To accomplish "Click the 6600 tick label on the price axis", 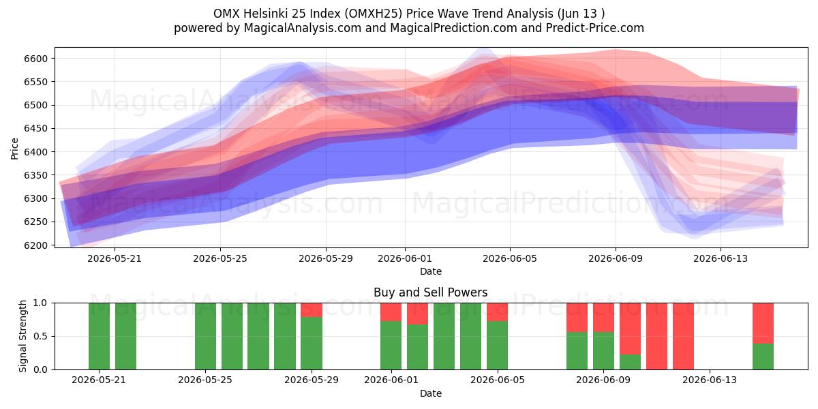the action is pyautogui.click(x=35, y=59).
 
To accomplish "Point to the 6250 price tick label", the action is pyautogui.click(x=35, y=222).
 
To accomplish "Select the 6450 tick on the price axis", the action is pyautogui.click(x=35, y=129).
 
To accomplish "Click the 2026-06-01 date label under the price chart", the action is pyautogui.click(x=405, y=258).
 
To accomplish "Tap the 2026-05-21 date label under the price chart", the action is pyautogui.click(x=115, y=258).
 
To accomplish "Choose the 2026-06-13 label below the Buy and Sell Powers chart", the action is pyautogui.click(x=710, y=380).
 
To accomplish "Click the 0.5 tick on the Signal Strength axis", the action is pyautogui.click(x=40, y=336).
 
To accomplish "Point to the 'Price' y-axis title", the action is pyautogui.click(x=14, y=149).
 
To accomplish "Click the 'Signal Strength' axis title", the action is pyautogui.click(x=22, y=336).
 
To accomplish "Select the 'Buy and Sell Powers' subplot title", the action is pyautogui.click(x=431, y=292).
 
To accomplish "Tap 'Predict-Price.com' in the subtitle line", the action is pyautogui.click(x=595, y=28).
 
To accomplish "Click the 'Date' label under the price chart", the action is pyautogui.click(x=431, y=271).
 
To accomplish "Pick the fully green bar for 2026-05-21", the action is pyautogui.click(x=99, y=336).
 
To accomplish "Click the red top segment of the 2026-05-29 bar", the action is pyautogui.click(x=312, y=309).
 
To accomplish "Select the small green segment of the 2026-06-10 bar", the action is pyautogui.click(x=630, y=362).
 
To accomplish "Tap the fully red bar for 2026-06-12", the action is pyautogui.click(x=683, y=336).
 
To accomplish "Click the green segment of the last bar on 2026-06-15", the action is pyautogui.click(x=763, y=357).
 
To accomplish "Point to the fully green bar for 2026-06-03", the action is pyautogui.click(x=444, y=336).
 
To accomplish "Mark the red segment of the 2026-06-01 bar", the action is pyautogui.click(x=391, y=312).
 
